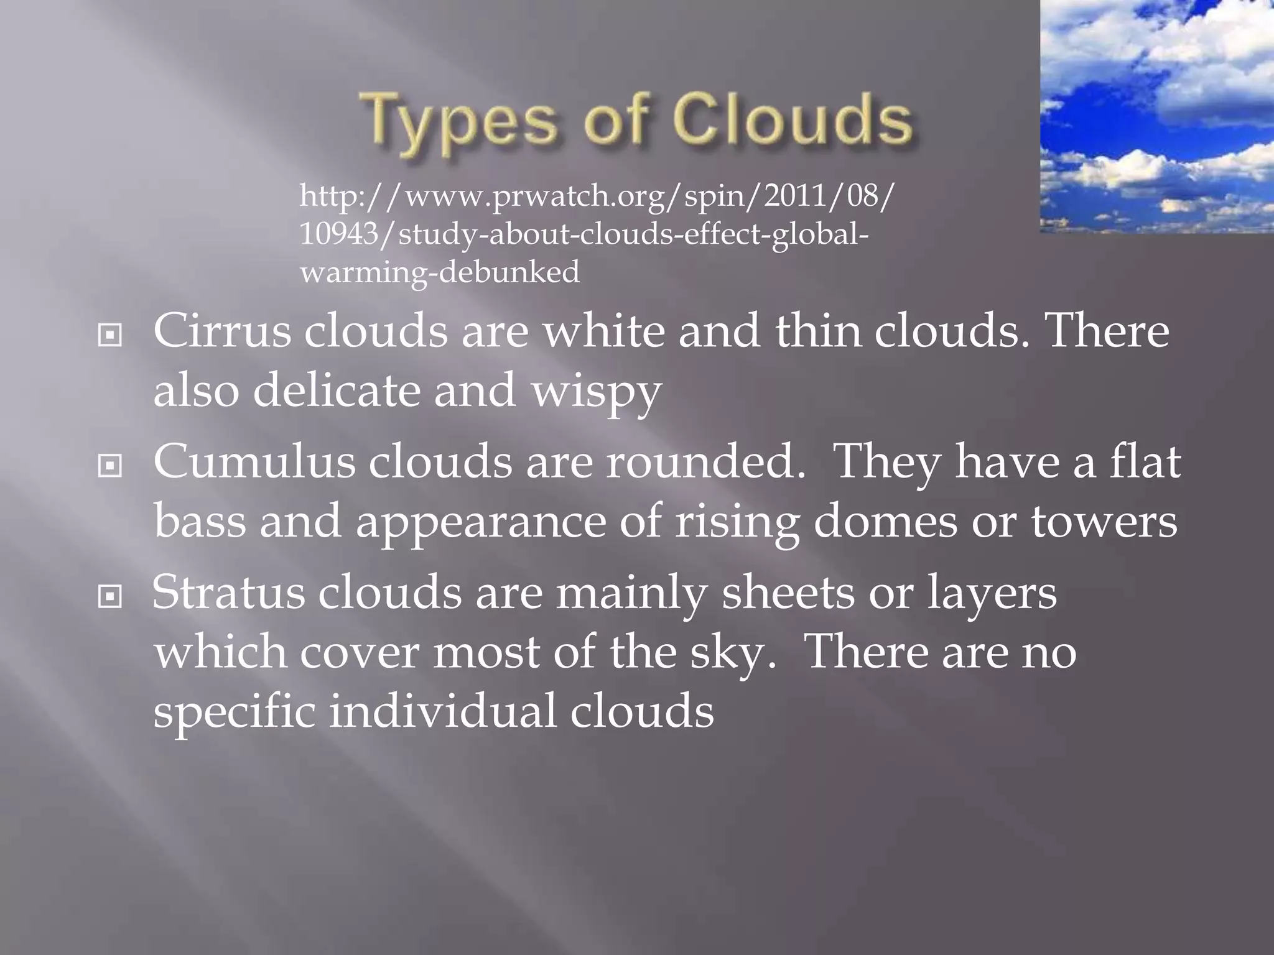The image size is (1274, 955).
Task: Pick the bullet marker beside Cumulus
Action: (x=110, y=466)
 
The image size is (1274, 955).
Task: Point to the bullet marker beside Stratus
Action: (x=110, y=597)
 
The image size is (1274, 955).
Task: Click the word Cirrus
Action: (x=221, y=331)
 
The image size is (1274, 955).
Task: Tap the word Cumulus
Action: (x=254, y=462)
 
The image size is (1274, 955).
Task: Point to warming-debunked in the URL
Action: (x=439, y=272)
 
